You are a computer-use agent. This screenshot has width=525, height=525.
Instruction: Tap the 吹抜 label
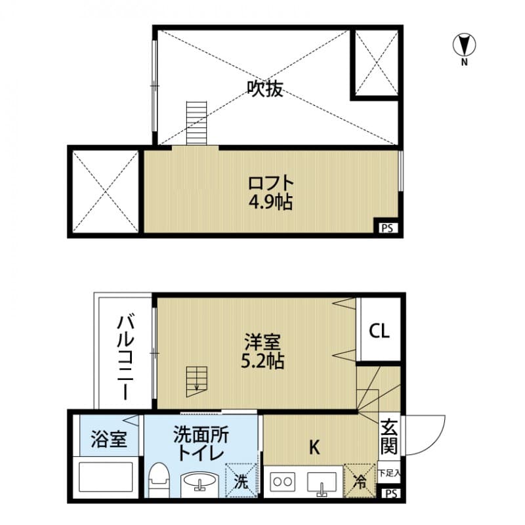pos(265,89)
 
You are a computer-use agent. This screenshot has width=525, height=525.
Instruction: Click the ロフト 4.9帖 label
pos(270,193)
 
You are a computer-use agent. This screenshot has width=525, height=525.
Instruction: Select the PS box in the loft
pos(388,228)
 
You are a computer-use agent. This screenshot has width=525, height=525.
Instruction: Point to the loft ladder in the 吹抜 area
pos(196,123)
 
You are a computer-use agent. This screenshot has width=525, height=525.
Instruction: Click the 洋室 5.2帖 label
pos(262,351)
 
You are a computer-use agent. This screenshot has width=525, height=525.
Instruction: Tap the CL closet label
pos(379,331)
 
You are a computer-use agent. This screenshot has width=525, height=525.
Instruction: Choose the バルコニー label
pos(125,358)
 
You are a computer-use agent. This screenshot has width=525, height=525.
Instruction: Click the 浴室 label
pos(109,439)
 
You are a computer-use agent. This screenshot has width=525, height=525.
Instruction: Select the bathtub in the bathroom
pos(106,477)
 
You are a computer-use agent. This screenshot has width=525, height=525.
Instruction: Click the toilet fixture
pos(159,480)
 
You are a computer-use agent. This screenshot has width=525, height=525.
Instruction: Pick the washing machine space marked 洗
pos(241,480)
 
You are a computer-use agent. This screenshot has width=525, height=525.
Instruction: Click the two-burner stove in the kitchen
pos(283,482)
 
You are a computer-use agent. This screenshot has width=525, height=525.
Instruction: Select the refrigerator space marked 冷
pos(360,480)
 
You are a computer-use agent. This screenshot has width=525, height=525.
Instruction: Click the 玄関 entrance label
pos(389,436)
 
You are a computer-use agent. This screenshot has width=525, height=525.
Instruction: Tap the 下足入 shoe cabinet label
pos(389,473)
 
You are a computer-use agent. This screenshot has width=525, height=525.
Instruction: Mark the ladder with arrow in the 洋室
pos(197,382)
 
